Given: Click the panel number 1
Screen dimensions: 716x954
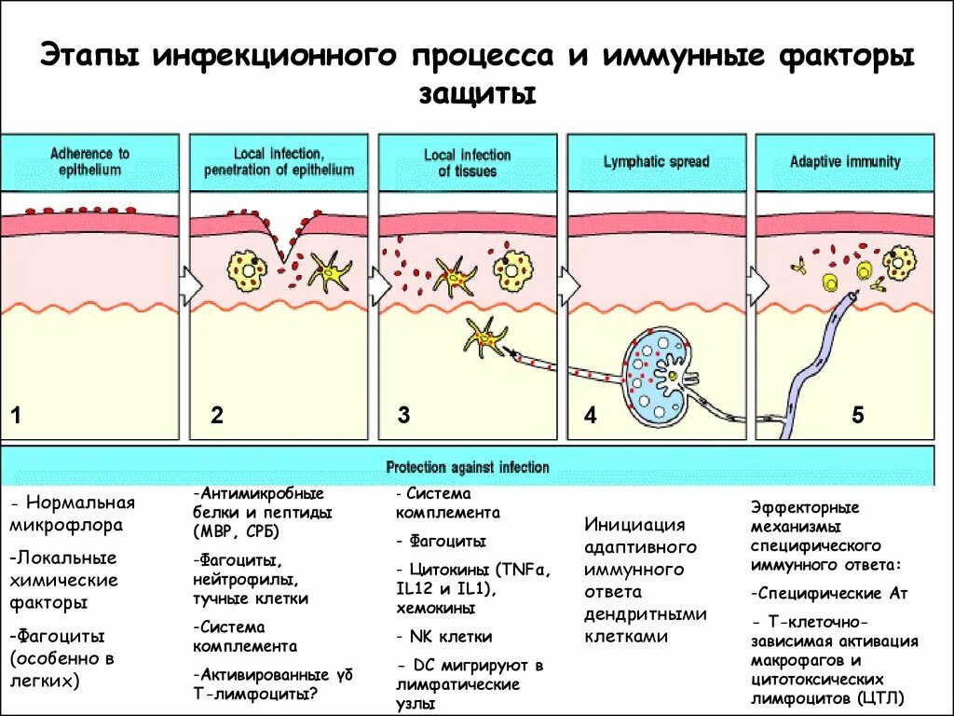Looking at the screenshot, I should (x=15, y=416).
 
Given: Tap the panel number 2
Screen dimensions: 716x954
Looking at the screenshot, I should (x=216, y=416).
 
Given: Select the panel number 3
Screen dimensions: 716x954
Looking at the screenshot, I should (x=403, y=416).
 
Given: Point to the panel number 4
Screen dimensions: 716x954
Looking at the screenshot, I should (x=590, y=416).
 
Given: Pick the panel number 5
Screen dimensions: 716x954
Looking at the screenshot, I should (x=857, y=416).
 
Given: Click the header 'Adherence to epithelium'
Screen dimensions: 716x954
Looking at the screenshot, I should (x=90, y=161).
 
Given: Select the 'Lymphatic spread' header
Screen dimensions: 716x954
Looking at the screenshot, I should (x=656, y=161).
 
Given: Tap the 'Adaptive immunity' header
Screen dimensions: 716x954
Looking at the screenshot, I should (x=845, y=161).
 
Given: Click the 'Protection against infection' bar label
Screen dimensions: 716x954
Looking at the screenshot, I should (x=468, y=467).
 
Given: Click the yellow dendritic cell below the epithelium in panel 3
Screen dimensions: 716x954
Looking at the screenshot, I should (x=484, y=337).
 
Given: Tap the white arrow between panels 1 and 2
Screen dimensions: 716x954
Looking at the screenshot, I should (x=190, y=282).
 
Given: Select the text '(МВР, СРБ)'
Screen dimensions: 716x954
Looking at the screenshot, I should (x=237, y=532).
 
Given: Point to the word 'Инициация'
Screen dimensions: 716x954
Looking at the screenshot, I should (x=634, y=525).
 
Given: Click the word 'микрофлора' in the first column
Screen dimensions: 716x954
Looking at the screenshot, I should (x=66, y=526).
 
